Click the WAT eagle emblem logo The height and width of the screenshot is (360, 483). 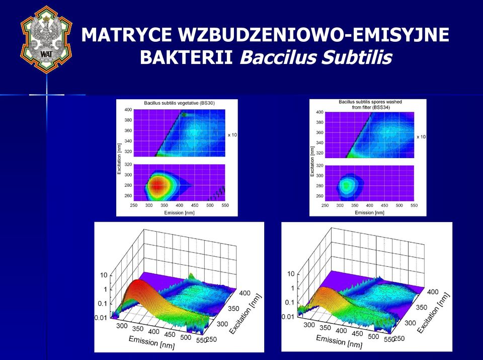pyautogui.click(x=46, y=39)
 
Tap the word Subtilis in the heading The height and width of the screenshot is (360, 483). pyautogui.click(x=357, y=57)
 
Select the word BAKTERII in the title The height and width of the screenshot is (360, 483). pyautogui.click(x=186, y=57)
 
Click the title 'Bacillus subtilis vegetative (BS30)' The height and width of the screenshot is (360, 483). pyautogui.click(x=179, y=103)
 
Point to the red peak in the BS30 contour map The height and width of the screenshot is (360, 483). pyautogui.click(x=157, y=186)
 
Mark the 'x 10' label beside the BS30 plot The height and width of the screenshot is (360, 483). pyautogui.click(x=232, y=135)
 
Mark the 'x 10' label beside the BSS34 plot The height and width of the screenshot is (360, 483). pyautogui.click(x=421, y=137)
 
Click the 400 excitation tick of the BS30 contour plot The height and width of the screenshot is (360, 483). pyautogui.click(x=128, y=110)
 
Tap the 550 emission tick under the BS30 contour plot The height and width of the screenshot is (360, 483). pyautogui.click(x=225, y=205)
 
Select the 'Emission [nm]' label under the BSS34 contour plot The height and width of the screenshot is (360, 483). pyautogui.click(x=369, y=212)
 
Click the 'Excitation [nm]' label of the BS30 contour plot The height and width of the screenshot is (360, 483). pyautogui.click(x=120, y=159)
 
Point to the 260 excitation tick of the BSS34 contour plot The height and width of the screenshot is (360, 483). pyautogui.click(x=320, y=196)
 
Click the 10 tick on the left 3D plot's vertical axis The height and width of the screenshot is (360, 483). pyautogui.click(x=104, y=275)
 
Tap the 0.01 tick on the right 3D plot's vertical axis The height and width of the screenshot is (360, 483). pyautogui.click(x=288, y=317)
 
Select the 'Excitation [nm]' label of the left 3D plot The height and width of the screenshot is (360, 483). pyautogui.click(x=246, y=314)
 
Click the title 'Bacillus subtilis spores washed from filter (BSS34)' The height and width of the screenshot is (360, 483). pyautogui.click(x=370, y=105)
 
